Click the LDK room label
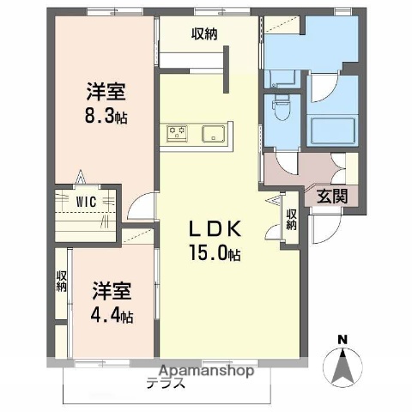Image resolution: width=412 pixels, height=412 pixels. [x=215, y=230]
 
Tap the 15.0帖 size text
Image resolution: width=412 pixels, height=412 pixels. [x=215, y=254]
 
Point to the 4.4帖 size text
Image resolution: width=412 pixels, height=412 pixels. [x=112, y=315]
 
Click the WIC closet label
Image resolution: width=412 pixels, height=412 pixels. [x=84, y=201]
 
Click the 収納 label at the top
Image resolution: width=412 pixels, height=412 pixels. [x=203, y=34]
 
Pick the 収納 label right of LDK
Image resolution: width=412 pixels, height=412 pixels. [x=292, y=220]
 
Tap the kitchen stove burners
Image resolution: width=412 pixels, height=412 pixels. [x=179, y=133]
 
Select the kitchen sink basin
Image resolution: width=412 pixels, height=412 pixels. [x=213, y=133]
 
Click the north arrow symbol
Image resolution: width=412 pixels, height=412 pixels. [x=343, y=366]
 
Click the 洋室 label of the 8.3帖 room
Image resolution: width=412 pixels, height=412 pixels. [x=105, y=91]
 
